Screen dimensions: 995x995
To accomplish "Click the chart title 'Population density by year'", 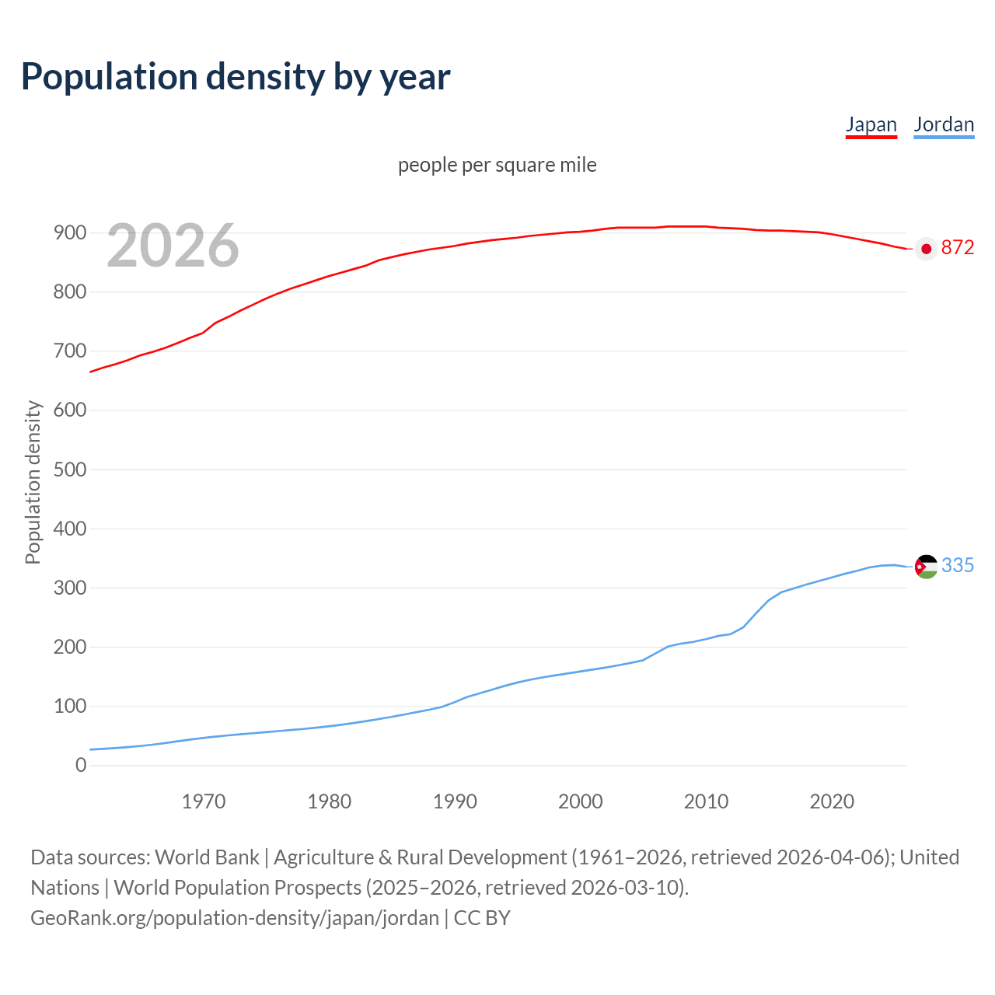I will [x=236, y=77].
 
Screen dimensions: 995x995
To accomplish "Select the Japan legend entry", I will [x=871, y=124].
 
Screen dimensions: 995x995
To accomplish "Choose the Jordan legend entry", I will [x=944, y=124].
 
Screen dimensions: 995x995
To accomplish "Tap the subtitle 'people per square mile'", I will [x=497, y=165].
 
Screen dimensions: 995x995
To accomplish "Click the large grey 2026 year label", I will [x=173, y=246].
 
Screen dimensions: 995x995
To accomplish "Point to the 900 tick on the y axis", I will [x=70, y=232].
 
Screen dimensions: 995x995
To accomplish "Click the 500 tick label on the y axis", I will [x=70, y=470].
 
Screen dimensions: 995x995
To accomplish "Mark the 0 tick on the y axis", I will [x=81, y=766].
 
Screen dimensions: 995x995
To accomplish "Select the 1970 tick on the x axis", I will [x=204, y=801].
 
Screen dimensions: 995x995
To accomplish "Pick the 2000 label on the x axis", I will [x=581, y=801].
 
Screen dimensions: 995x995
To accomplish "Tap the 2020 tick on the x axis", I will [x=832, y=801].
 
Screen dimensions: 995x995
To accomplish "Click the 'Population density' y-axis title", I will [x=33, y=482].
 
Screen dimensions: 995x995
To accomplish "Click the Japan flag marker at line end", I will [x=926, y=249].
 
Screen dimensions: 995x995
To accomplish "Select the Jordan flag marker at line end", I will [x=926, y=567].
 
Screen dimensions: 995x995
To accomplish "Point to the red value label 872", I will [x=957, y=247].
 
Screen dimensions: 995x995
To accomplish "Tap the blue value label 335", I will [x=957, y=565].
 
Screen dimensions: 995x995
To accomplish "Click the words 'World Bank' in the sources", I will [x=207, y=857].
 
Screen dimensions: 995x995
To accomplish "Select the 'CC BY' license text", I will [x=482, y=918].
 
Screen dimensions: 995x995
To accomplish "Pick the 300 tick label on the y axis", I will [x=70, y=588].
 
